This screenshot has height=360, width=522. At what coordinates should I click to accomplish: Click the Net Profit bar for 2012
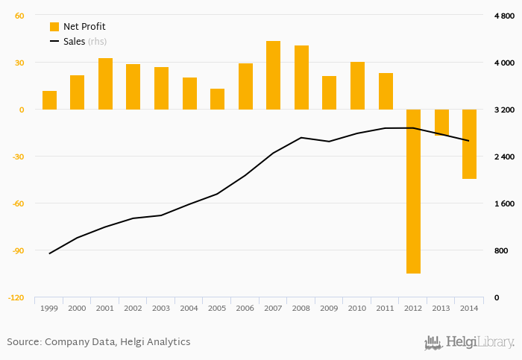(x=413, y=191)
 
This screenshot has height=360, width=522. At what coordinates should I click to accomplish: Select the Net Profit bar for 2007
(x=274, y=75)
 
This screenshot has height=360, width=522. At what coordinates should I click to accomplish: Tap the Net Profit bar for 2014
(x=469, y=144)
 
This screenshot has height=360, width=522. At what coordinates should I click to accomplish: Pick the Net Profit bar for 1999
(x=49, y=101)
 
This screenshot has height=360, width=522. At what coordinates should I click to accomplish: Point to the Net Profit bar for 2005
(x=218, y=99)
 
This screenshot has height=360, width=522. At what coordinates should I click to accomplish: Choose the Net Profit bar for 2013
(x=441, y=122)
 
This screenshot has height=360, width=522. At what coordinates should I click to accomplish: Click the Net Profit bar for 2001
(x=105, y=83)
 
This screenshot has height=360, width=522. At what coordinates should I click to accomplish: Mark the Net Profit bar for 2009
(x=330, y=92)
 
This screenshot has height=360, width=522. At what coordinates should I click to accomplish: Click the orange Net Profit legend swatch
(x=54, y=27)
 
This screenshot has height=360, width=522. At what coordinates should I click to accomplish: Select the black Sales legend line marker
(x=54, y=42)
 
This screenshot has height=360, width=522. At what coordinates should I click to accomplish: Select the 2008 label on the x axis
(x=301, y=308)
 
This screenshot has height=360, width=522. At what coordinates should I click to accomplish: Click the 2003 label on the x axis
(x=161, y=308)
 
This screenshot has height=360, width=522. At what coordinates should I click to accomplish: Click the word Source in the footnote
(x=23, y=342)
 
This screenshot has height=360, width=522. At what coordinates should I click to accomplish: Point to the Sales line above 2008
(x=301, y=138)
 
